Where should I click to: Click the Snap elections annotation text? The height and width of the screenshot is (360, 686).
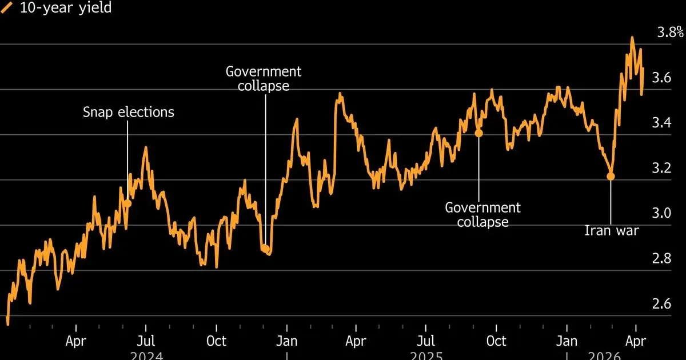click(x=129, y=112)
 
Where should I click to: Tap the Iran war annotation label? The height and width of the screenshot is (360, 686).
click(x=611, y=231)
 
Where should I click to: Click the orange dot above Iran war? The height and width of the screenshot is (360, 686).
click(x=611, y=177)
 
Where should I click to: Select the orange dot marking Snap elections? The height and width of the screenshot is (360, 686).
click(x=127, y=203)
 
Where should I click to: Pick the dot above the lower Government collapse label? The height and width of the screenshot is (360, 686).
click(x=479, y=133)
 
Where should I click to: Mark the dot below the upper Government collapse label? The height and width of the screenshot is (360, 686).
click(x=265, y=249)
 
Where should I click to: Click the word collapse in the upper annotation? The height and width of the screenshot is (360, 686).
click(x=264, y=86)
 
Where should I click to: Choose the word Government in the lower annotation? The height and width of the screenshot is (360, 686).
click(x=483, y=207)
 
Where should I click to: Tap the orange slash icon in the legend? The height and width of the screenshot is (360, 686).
click(x=10, y=8)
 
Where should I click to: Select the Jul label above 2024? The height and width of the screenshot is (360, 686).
click(x=146, y=341)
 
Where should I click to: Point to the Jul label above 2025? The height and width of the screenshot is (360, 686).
click(x=426, y=341)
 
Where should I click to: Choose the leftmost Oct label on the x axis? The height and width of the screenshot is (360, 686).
click(x=216, y=341)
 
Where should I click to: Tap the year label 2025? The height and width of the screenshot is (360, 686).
click(x=426, y=356)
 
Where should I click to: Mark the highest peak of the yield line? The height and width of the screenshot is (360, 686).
click(x=632, y=38)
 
